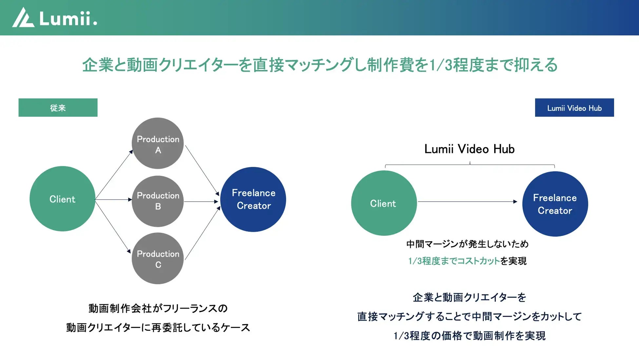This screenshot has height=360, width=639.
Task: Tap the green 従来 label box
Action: coord(58,108)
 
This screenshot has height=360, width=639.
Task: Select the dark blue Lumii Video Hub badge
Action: coord(574,108)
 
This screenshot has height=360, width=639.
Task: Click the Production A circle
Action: coord(158,143)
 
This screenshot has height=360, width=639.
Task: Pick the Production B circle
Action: coord(158,201)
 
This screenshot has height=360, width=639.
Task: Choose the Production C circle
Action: coord(158,258)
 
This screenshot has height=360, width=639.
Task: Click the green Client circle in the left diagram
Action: coord(62,199)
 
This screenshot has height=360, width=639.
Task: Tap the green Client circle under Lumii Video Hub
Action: coord(384,203)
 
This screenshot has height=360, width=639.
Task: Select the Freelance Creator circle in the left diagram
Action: coord(253,199)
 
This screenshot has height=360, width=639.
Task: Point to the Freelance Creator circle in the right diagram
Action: coord(555,204)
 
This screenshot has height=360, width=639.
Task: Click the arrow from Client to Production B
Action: coord(113,199)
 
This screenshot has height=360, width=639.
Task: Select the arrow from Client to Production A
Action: coord(114,174)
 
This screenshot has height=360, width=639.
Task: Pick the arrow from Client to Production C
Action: coord(113,226)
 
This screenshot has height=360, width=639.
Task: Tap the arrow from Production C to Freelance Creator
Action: coord(203,233)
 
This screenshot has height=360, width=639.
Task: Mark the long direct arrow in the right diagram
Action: coord(467,202)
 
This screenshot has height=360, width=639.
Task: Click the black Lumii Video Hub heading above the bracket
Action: coord(469,149)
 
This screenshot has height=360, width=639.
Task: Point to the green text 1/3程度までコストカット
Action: coord(454,261)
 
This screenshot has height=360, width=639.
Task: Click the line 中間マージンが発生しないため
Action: coord(467,244)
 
